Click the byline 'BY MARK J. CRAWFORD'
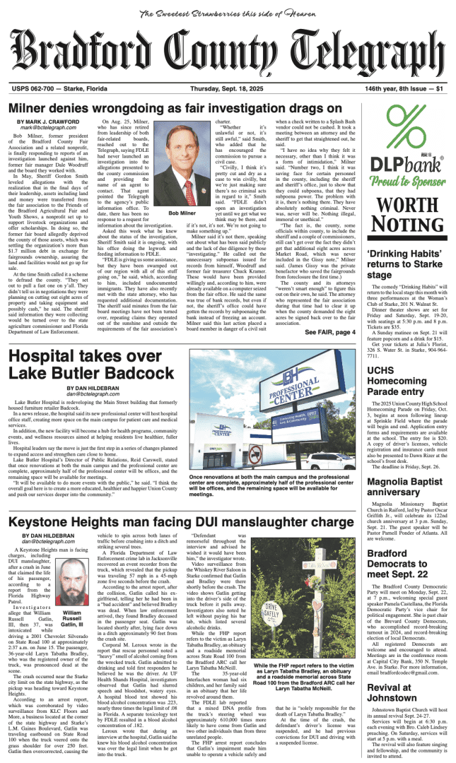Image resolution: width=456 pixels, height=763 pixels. click(51, 122)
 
